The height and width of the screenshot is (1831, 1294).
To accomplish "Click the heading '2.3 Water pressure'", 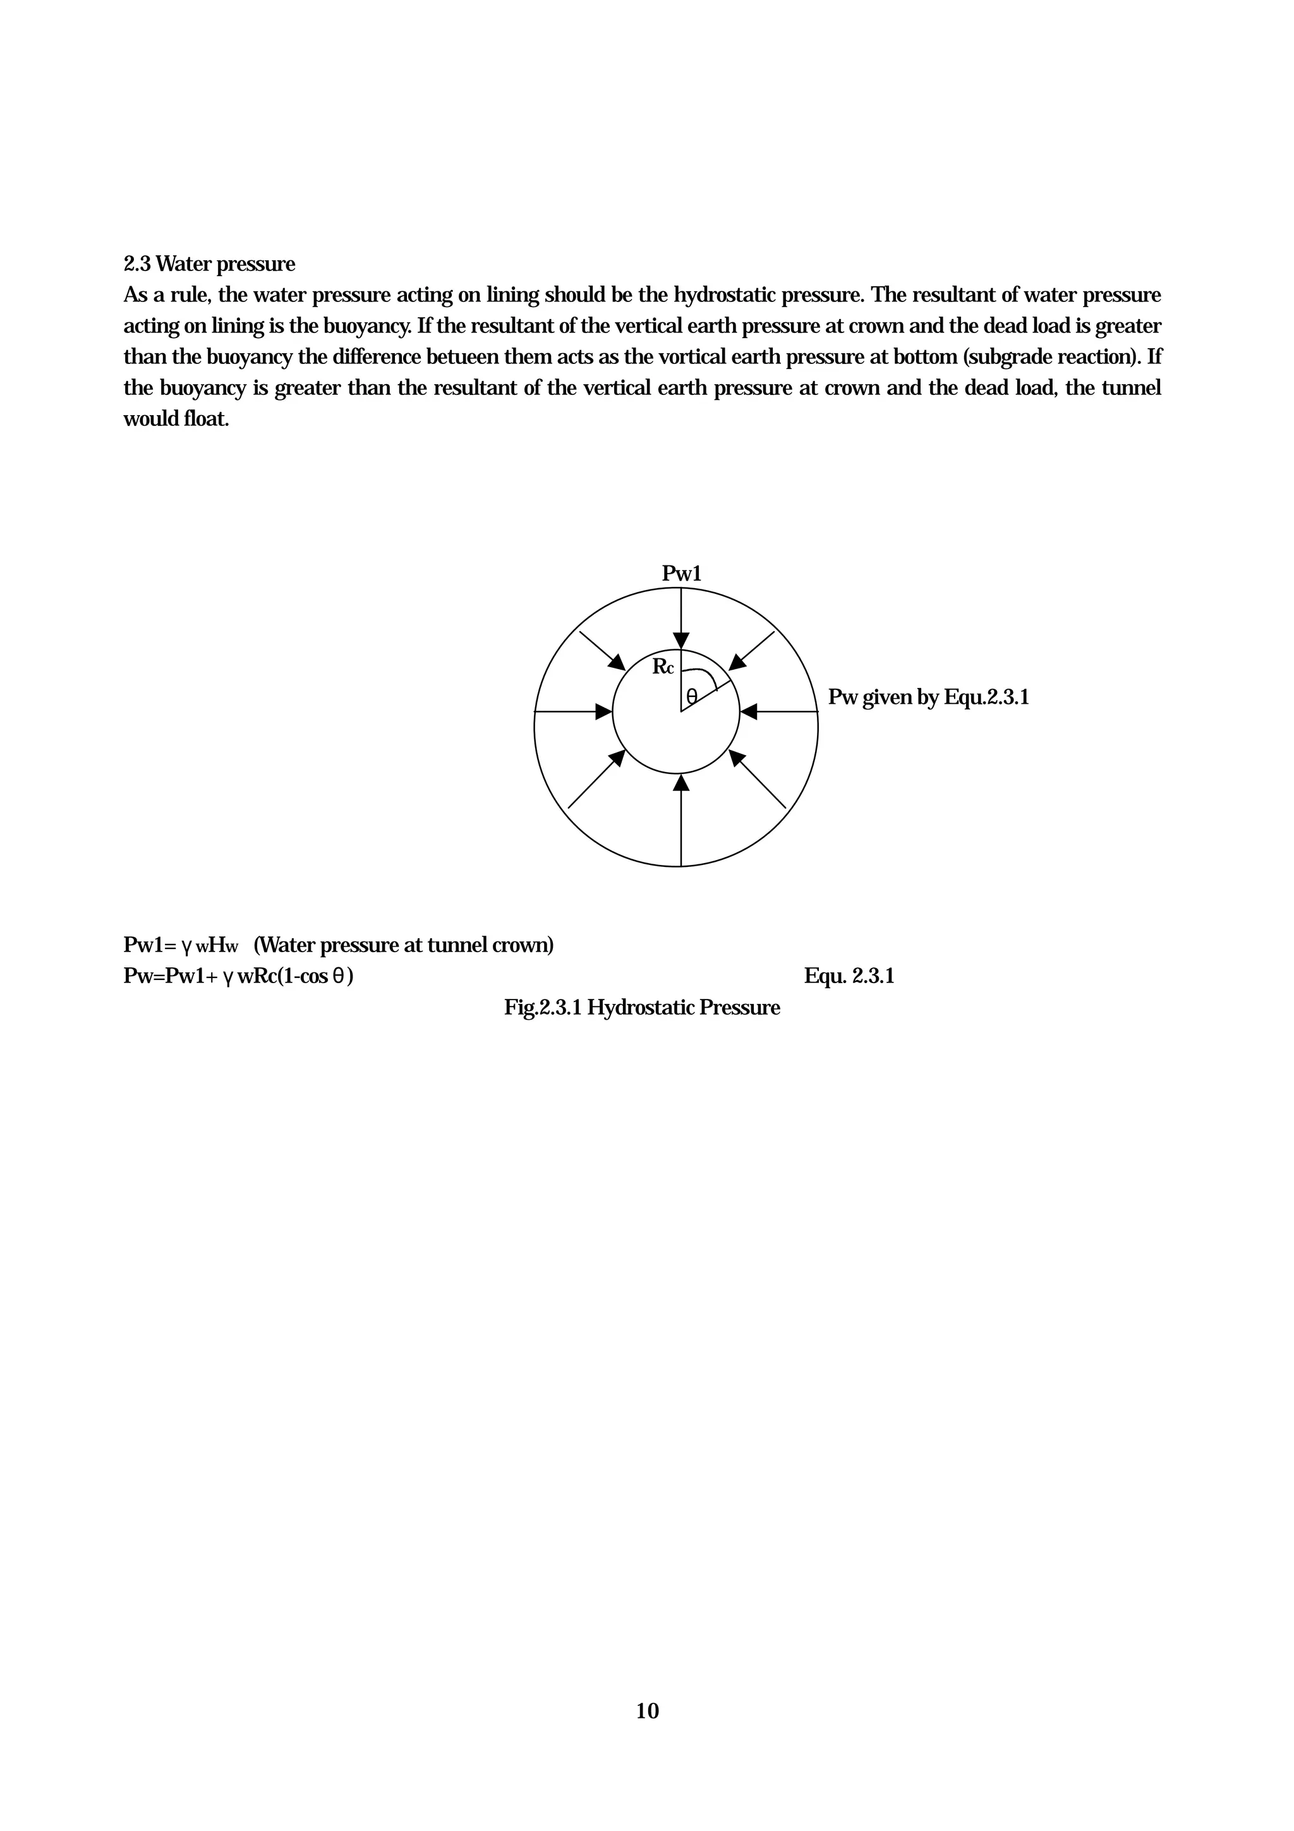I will coord(209,264).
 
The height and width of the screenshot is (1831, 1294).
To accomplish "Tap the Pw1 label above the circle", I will coord(681,574).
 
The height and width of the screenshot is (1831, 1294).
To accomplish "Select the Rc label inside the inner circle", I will coord(663,667).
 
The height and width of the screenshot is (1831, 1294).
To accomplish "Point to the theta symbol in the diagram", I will coord(691,696).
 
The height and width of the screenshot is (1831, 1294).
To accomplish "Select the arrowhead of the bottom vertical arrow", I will coord(681,783).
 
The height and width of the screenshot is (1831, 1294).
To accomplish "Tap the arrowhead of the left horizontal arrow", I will coord(604,711).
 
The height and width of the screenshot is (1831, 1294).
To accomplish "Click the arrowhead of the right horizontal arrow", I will coord(749,711).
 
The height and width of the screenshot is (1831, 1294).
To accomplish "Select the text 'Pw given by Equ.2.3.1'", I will coord(928,698).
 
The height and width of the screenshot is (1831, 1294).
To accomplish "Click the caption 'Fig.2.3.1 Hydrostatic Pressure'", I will coord(642,1008).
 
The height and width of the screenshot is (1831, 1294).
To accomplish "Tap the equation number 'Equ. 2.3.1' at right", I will coord(849,977).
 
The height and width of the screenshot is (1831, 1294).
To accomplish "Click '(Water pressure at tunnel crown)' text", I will coord(404,946).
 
